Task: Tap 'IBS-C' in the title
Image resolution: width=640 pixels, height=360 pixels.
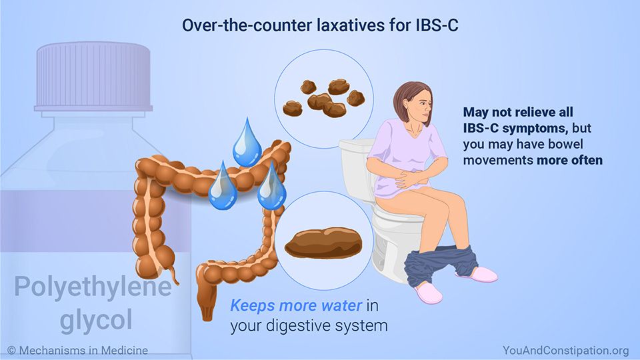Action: pyautogui.click(x=437, y=25)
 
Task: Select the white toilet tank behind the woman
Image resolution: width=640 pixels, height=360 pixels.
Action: pyautogui.click(x=356, y=169)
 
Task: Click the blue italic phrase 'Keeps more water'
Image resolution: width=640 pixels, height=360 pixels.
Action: pyautogui.click(x=296, y=305)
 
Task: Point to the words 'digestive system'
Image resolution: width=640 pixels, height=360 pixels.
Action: pyautogui.click(x=327, y=326)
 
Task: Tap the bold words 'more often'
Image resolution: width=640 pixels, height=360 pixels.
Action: pyautogui.click(x=570, y=160)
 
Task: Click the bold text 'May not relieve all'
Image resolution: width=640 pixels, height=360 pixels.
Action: pyautogui.click(x=518, y=112)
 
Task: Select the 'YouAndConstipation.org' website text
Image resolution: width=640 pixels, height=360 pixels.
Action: pyautogui.click(x=566, y=350)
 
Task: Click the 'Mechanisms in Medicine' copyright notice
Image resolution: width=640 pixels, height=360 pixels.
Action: pyautogui.click(x=78, y=350)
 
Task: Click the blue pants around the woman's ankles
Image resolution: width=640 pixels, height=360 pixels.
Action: pyautogui.click(x=441, y=265)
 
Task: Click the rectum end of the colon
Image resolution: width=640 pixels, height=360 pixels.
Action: pyautogui.click(x=207, y=304)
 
